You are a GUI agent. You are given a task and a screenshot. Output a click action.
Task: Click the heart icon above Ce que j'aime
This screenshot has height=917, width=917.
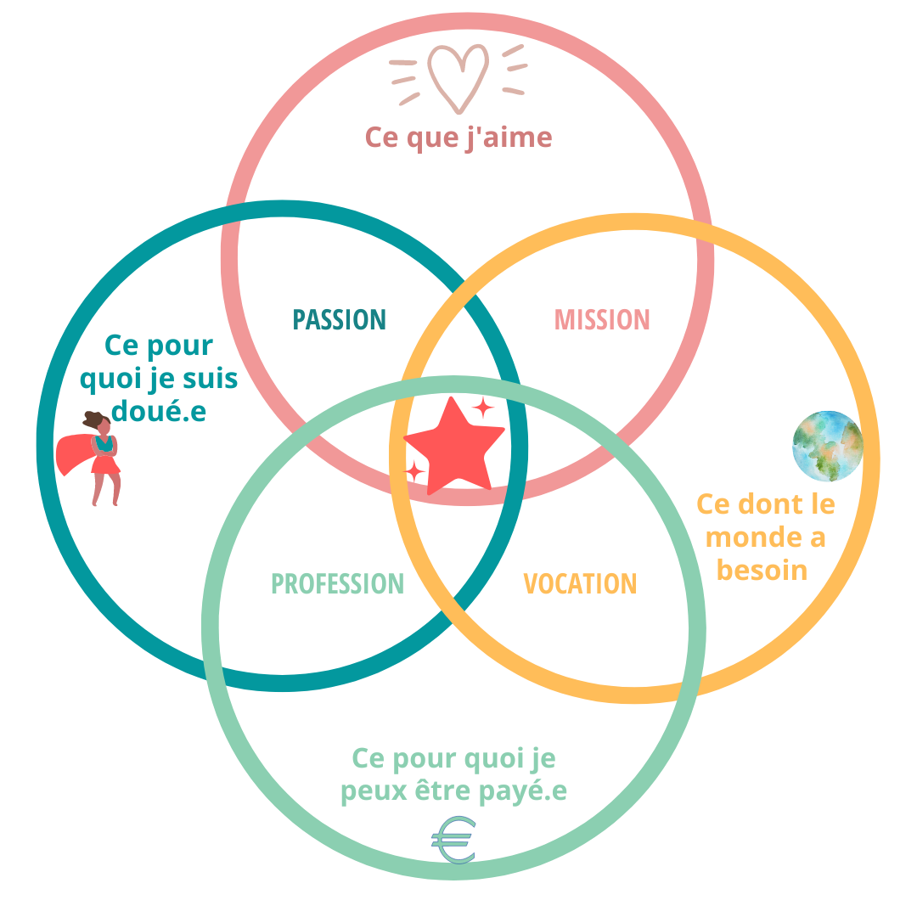tap(458, 76)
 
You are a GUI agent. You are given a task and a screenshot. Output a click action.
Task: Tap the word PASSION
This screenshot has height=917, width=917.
tap(340, 320)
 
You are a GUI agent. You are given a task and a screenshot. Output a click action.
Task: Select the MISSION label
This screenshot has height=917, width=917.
tap(602, 320)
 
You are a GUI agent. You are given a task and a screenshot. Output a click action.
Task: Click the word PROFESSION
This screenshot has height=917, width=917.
tap(337, 584)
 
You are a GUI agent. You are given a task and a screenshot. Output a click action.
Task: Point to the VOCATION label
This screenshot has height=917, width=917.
tap(580, 584)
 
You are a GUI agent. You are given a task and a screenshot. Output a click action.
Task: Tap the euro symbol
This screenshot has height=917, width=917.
tap(453, 841)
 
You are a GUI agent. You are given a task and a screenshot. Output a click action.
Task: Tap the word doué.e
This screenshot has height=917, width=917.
tap(159, 412)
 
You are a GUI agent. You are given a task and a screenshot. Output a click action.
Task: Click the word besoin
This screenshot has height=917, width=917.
tap(762, 569)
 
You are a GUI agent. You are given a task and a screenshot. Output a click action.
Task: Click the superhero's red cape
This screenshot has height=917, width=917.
tap(75, 454)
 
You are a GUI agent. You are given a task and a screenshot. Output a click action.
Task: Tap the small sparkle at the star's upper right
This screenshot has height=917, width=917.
tap(483, 408)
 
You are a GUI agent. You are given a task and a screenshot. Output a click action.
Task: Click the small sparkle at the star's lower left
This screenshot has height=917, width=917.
tap(415, 470)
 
